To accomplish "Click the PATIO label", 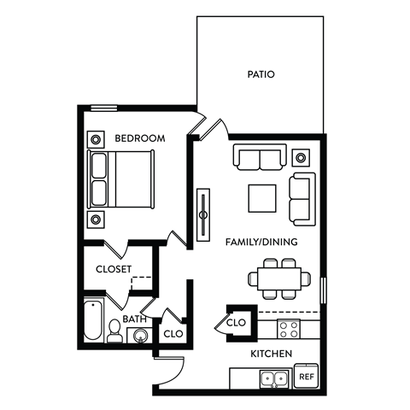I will point(261,74).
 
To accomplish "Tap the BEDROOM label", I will point(139,138).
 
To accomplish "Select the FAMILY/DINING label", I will point(261,242).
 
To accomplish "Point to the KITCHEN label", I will point(272,354).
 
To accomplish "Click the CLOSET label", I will point(114,268).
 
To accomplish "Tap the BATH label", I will point(135,319).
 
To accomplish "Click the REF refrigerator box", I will point(305,376).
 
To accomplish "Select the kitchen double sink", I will point(273,378).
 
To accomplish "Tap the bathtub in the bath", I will point(91,322).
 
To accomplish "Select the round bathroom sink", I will point(137,336).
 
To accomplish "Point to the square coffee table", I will point(263,198).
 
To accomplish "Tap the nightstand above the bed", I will point(95,137).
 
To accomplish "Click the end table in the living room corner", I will point(301,156).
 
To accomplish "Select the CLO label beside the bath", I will point(173,333).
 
